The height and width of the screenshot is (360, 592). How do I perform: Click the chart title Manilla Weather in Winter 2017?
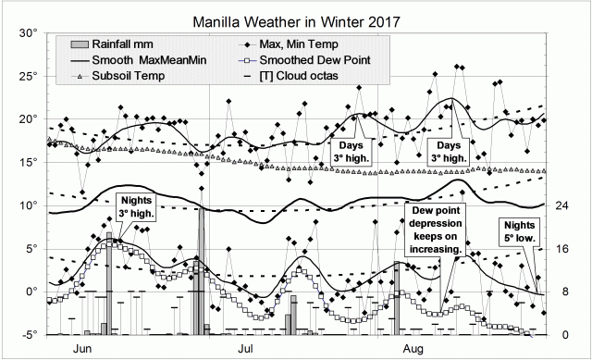click(296, 20)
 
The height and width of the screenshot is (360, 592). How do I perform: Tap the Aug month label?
click(413, 350)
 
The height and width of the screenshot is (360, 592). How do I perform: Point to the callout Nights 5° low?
click(519, 237)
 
